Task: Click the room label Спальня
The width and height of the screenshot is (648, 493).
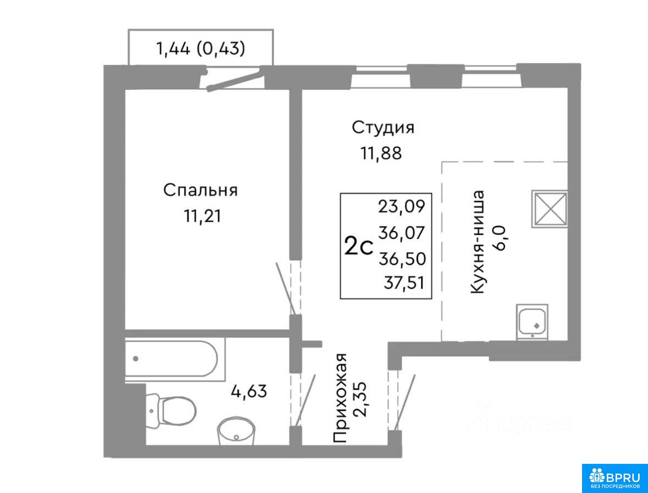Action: point(200,191)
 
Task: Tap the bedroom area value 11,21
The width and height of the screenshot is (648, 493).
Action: point(202,216)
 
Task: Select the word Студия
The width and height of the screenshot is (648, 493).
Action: point(383,128)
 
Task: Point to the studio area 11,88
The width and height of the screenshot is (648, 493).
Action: point(381,154)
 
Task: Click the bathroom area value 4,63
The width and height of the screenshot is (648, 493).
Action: point(249,391)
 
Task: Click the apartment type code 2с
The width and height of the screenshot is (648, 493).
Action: point(359,247)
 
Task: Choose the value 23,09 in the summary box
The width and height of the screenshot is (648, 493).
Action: point(401,206)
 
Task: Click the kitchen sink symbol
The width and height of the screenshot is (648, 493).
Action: point(532,322)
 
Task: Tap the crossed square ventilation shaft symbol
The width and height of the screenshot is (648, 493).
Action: point(550,209)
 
